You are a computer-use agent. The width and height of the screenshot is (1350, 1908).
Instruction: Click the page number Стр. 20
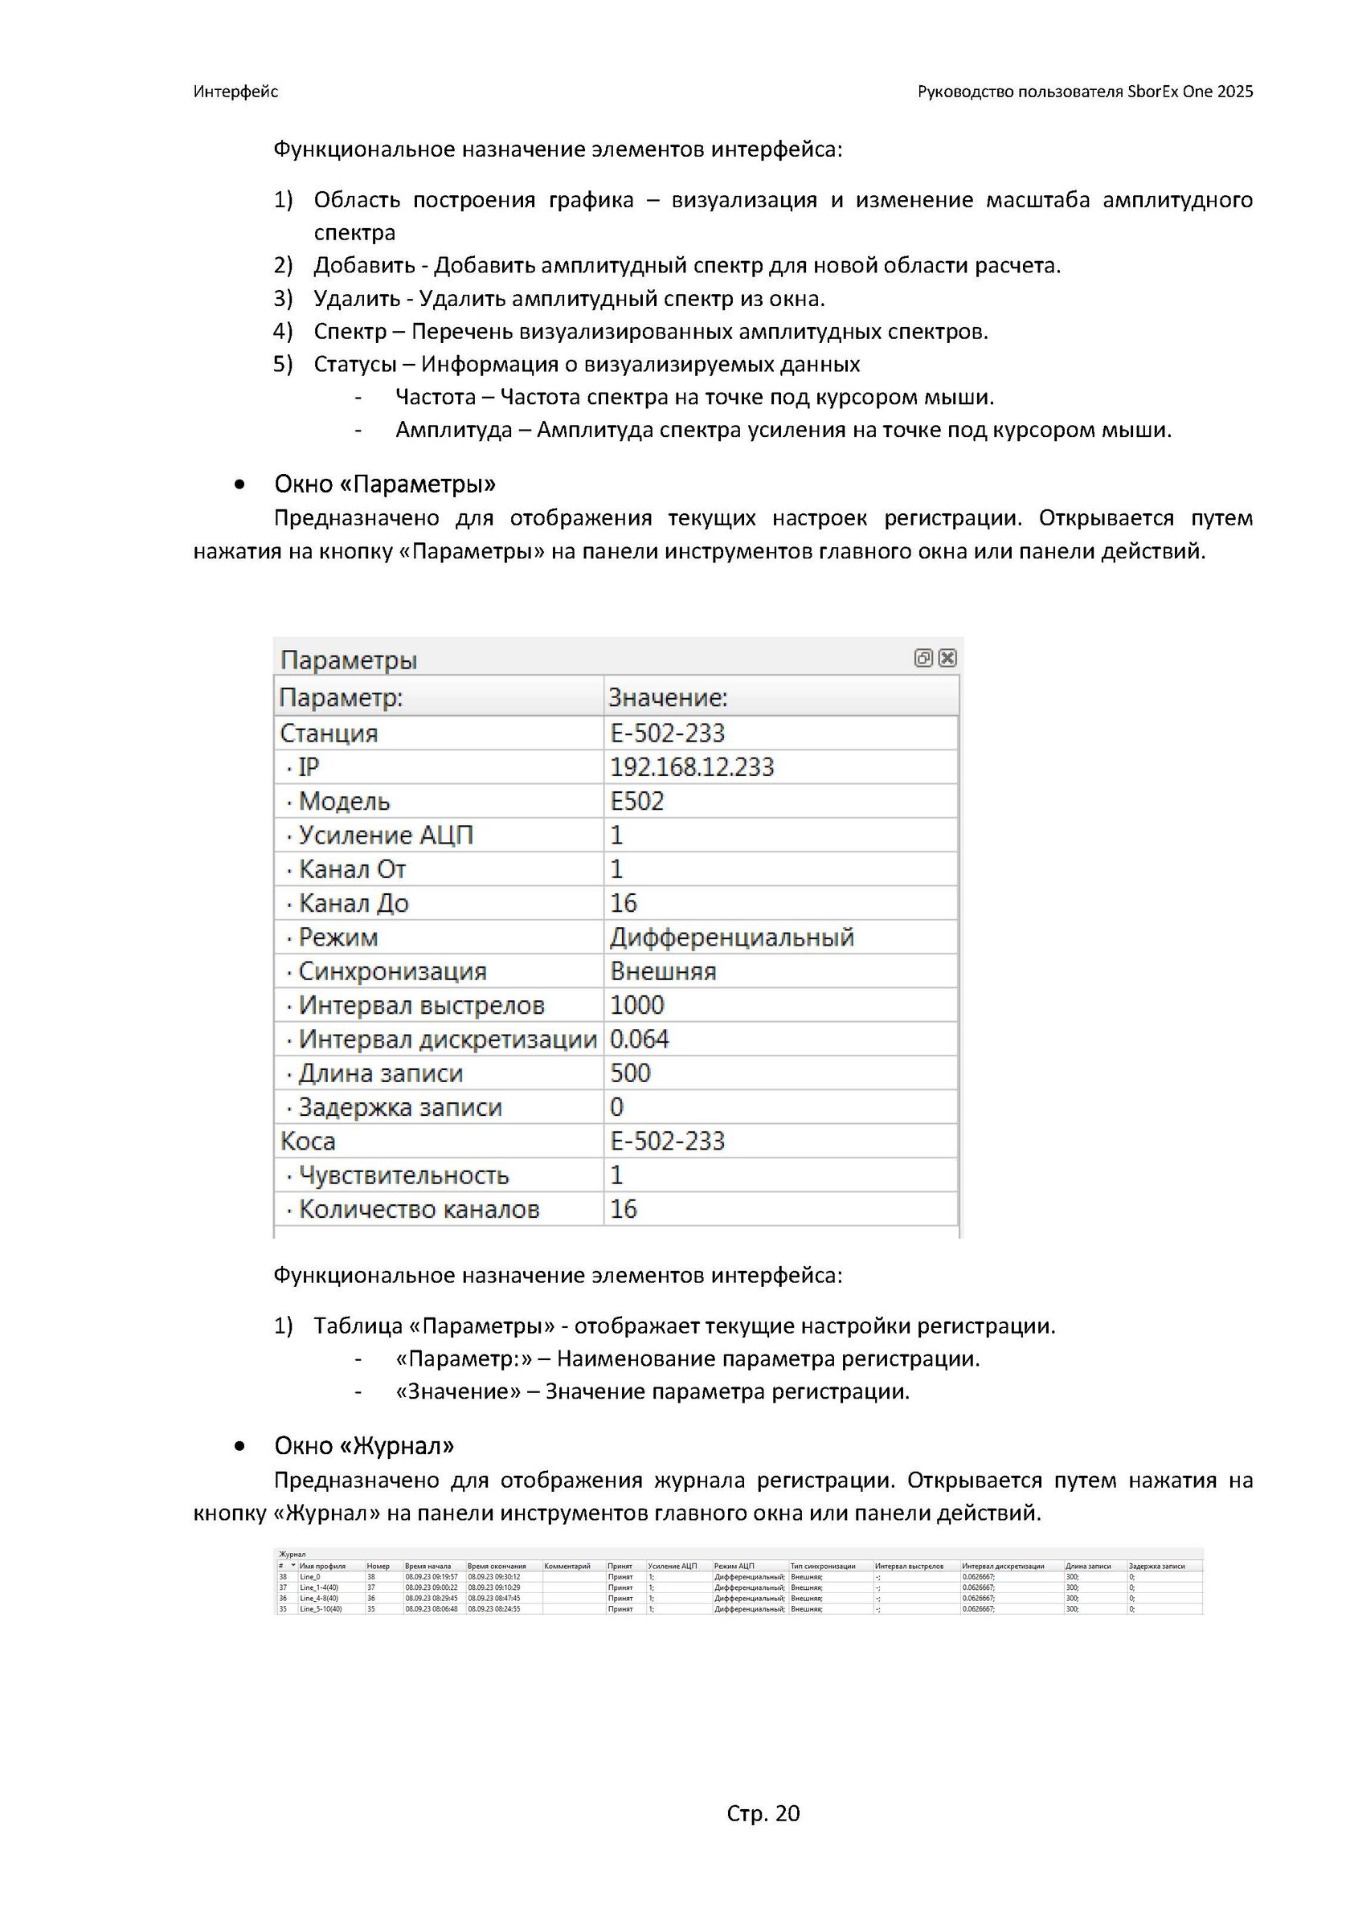pos(763,1812)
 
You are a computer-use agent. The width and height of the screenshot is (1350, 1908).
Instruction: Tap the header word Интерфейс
pos(235,92)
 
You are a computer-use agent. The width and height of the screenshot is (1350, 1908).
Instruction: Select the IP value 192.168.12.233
pos(692,767)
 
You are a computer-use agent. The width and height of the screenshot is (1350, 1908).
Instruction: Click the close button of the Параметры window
pos(947,658)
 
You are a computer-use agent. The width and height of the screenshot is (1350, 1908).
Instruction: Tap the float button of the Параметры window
pos(922,658)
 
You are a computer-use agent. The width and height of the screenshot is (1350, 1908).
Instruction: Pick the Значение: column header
pos(668,697)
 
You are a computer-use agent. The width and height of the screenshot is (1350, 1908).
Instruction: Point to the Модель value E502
pos(636,801)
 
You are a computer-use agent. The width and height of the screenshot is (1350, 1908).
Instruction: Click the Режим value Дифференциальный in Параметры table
pos(731,938)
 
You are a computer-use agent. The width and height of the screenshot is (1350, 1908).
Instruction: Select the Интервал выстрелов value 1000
pos(636,1006)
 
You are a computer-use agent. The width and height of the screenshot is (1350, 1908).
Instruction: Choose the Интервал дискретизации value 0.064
pos(640,1040)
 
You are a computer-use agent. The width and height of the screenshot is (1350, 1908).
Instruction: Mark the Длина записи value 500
pos(630,1072)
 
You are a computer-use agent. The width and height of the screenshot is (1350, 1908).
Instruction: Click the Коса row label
pos(308,1141)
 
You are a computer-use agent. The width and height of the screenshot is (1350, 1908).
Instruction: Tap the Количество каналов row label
pos(419,1209)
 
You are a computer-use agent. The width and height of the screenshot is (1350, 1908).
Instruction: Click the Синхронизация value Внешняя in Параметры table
pos(662,971)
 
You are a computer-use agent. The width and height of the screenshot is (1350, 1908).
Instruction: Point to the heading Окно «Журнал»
pos(364,1445)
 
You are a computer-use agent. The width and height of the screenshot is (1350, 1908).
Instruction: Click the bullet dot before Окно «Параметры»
pos(240,484)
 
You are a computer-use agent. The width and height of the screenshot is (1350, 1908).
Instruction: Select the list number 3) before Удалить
pos(283,298)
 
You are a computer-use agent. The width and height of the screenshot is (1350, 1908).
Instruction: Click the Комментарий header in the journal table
pos(567,1567)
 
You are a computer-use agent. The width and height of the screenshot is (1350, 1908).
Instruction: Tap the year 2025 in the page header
pos(1234,92)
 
